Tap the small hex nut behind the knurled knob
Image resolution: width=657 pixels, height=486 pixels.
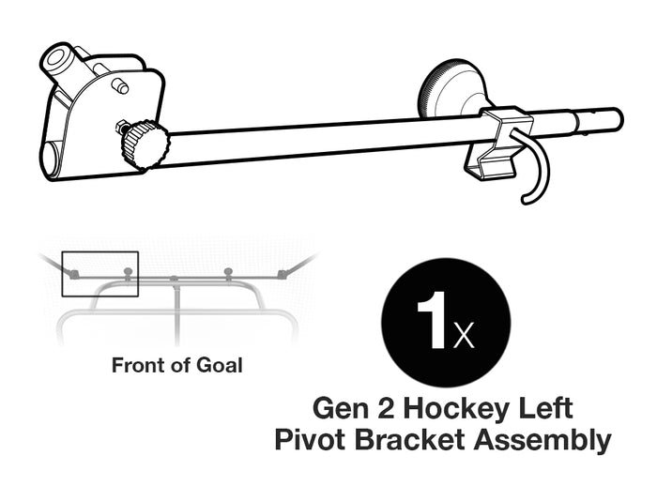tap(122, 126)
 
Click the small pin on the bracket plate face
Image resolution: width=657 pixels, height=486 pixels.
tap(119, 86)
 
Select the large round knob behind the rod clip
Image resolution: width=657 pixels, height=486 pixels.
tap(453, 89)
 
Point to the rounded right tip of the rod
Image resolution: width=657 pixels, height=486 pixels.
tap(615, 119)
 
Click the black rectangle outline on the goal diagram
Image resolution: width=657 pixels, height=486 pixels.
tap(99, 274)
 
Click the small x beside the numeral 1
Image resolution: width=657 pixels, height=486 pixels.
tap(464, 336)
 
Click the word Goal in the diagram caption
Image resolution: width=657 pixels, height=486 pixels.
tap(219, 365)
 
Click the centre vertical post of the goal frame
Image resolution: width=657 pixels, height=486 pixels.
tap(176, 310)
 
